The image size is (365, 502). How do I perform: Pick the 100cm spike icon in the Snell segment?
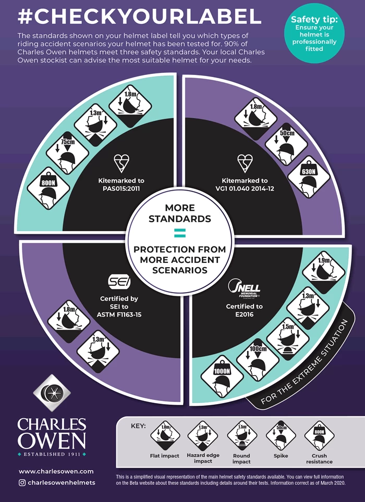[256, 355]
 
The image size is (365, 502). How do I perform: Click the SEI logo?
[118, 282]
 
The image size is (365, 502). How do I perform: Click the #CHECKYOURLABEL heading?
[139, 17]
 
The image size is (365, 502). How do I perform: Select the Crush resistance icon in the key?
[319, 436]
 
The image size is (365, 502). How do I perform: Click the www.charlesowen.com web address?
[56, 471]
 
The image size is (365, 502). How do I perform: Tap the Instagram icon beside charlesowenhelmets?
[22, 483]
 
